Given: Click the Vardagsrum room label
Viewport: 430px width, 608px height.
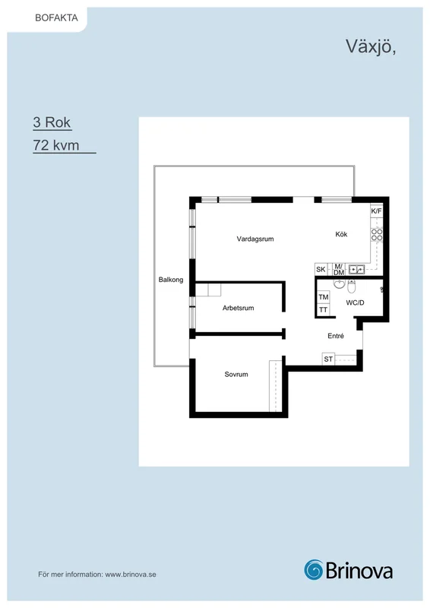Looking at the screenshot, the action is (x=255, y=239).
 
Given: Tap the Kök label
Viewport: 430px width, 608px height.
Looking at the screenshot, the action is (x=341, y=234).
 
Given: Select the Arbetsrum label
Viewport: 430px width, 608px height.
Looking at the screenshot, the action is (x=238, y=308).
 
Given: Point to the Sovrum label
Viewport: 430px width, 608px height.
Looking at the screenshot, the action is (x=236, y=374).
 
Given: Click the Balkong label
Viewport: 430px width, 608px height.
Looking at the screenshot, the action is (x=171, y=280).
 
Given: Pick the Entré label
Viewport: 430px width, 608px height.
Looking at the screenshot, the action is (x=336, y=336).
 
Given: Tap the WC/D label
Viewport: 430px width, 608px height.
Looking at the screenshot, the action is (x=355, y=302).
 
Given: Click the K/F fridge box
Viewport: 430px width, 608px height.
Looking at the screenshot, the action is (x=377, y=211).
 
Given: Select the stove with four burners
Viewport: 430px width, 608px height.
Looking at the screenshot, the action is (x=377, y=235).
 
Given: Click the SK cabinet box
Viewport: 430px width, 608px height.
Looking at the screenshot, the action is (x=321, y=269).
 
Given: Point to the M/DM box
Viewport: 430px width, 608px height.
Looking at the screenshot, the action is (x=339, y=269).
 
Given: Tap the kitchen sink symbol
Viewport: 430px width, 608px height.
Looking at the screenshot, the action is (x=356, y=269).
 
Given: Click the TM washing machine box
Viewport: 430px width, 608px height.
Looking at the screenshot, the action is (x=324, y=297).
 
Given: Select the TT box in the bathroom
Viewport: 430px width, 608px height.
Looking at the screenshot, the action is (x=324, y=310).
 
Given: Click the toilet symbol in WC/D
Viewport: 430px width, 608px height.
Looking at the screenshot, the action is (x=351, y=287).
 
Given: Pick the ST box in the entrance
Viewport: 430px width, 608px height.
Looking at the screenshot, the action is (x=328, y=359).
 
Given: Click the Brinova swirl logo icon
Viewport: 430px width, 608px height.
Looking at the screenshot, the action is (x=313, y=570).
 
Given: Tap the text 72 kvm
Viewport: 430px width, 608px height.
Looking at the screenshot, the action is (x=56, y=145).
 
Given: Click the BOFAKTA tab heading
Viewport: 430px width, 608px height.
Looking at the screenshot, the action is (x=57, y=17).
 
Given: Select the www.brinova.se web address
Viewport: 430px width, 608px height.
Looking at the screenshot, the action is (x=131, y=575).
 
